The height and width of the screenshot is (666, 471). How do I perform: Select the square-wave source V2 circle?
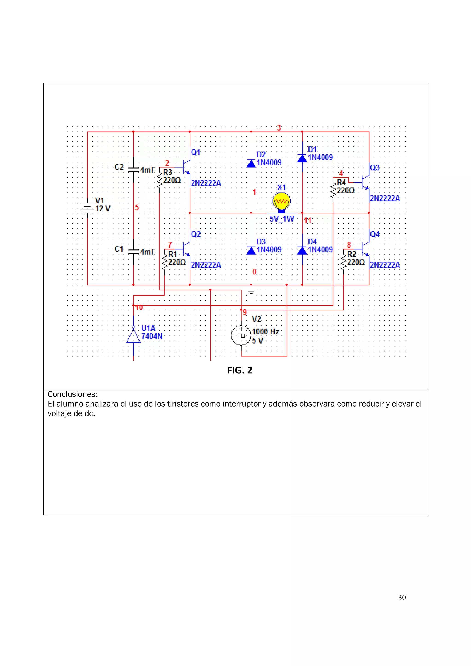click(241, 335)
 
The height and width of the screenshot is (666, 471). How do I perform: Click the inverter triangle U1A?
click(133, 336)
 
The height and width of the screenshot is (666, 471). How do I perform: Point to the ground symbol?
click(251, 292)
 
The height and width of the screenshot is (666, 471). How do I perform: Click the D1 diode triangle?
click(302, 158)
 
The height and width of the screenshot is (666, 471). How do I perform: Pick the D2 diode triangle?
click(251, 163)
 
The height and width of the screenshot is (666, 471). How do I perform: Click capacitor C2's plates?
click(133, 170)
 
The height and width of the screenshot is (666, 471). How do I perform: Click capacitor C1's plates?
click(133, 251)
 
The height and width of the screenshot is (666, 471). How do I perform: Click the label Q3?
click(375, 168)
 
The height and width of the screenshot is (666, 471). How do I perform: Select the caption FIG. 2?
click(240, 370)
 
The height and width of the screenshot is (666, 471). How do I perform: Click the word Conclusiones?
click(72, 394)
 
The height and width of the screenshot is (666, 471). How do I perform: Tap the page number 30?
click(402, 597)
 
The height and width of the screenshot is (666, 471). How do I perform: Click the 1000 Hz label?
click(265, 332)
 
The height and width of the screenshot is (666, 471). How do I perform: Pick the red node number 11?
click(308, 221)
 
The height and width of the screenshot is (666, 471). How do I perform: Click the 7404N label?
click(152, 336)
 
